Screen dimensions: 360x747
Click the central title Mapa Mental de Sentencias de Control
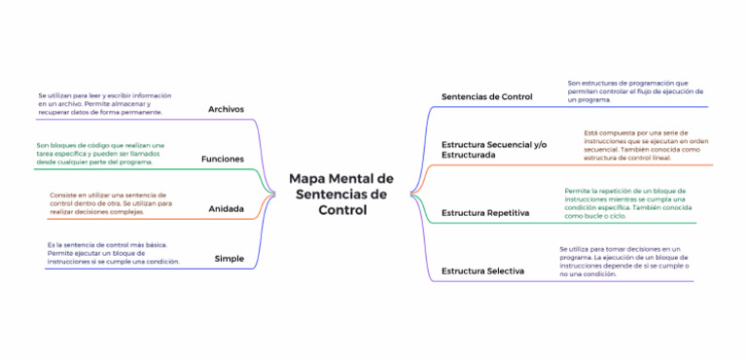340,195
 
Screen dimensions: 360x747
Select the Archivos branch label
226,109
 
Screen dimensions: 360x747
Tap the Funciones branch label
222,159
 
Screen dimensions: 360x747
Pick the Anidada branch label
226,208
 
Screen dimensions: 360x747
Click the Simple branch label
229,258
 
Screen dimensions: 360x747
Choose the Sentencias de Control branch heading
486,96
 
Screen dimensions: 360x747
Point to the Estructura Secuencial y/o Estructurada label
494,149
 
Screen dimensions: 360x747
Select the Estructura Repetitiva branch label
485,211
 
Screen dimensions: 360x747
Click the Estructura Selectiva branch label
482,270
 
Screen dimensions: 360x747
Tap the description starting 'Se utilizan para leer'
105,103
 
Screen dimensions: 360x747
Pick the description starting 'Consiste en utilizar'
108,202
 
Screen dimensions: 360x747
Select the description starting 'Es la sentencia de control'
113,252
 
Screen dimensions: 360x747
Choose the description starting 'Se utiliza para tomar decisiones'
623,262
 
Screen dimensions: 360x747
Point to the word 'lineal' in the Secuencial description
659,158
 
